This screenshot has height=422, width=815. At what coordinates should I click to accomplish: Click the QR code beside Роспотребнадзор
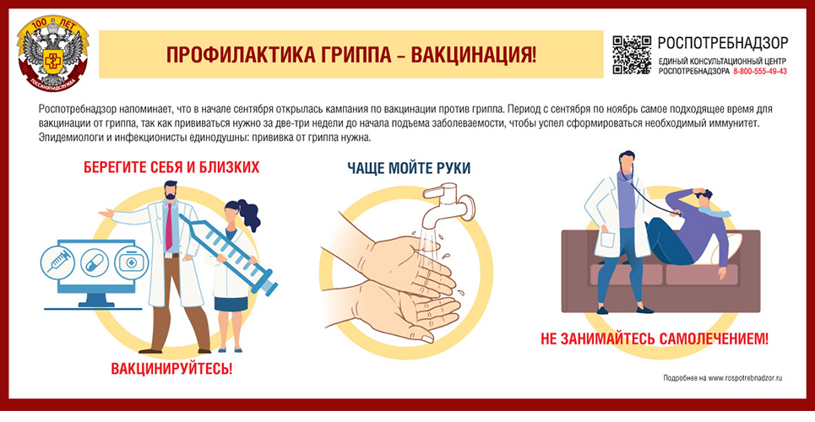tap(632, 55)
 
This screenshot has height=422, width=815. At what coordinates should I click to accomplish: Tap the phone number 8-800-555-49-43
tap(759, 71)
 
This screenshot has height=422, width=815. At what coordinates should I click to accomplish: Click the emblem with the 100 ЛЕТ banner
tap(52, 53)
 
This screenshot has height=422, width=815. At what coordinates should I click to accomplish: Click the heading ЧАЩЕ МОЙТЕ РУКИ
tap(409, 168)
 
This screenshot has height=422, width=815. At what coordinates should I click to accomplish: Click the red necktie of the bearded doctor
tap(168, 226)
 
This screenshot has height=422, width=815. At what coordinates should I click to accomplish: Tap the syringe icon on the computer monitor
tap(57, 261)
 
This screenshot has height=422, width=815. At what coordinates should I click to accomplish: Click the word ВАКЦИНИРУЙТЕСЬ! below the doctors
tap(171, 369)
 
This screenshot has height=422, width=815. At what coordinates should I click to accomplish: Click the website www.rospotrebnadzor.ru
tap(746, 378)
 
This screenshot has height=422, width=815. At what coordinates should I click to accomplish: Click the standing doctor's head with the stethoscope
tap(627, 161)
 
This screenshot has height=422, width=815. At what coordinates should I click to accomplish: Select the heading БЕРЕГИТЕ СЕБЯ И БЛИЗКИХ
tap(171, 167)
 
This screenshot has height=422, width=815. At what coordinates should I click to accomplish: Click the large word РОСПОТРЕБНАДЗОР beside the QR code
tap(722, 42)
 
